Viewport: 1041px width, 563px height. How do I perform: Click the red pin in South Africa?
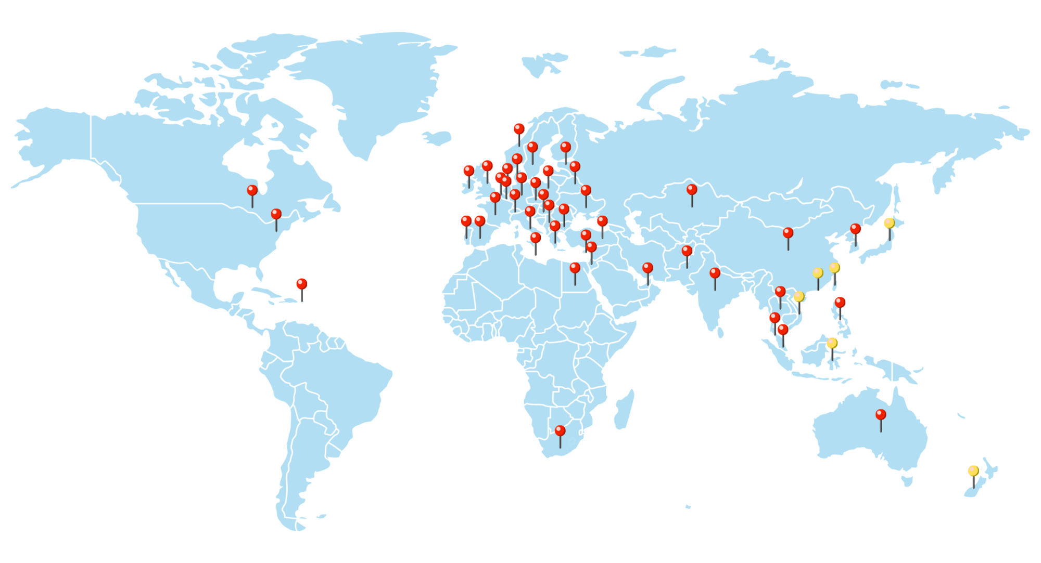pos(560,431)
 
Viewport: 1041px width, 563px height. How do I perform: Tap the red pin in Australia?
pos(881,415)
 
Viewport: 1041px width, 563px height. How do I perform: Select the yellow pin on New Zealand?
pos(973,471)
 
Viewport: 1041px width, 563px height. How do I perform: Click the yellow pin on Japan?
pos(890,224)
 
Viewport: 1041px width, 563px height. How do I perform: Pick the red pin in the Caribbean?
pos(302,284)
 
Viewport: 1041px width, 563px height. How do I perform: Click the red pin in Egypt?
pos(575,268)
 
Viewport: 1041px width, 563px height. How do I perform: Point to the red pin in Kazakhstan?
pos(692,190)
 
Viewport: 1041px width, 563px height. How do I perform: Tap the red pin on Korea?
pos(855,229)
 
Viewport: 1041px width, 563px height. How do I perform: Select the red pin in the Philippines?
pos(840,303)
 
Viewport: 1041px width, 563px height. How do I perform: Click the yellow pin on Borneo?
pos(832,344)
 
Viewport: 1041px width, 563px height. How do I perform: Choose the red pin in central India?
pos(715,273)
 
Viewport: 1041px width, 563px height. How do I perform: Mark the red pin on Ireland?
pos(469,171)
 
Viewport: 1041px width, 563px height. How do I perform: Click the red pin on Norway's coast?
pos(519,129)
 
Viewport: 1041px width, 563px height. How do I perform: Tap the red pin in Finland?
pos(566,148)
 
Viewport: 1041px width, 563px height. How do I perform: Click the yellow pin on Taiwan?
pos(835,268)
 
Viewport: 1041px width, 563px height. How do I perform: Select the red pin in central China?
pos(788,233)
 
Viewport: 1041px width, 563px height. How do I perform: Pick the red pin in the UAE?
pos(648,268)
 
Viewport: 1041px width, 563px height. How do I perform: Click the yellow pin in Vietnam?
pos(799,297)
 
